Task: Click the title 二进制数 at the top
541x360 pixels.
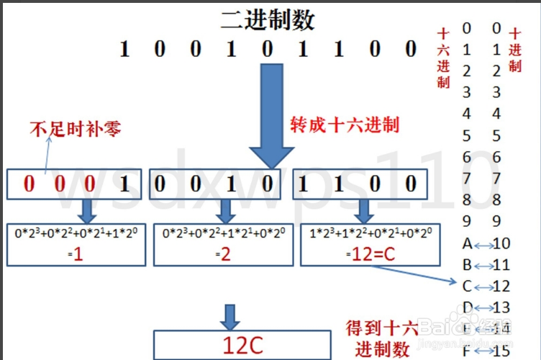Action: click(268, 19)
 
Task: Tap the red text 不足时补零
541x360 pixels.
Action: click(75, 130)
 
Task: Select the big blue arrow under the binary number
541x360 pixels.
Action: click(271, 115)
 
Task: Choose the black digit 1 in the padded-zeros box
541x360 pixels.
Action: click(122, 184)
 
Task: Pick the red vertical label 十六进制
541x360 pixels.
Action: click(443, 58)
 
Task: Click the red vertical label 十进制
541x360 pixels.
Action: click(515, 50)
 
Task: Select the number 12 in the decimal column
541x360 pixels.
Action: click(501, 287)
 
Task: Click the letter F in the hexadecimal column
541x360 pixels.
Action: click(467, 351)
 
